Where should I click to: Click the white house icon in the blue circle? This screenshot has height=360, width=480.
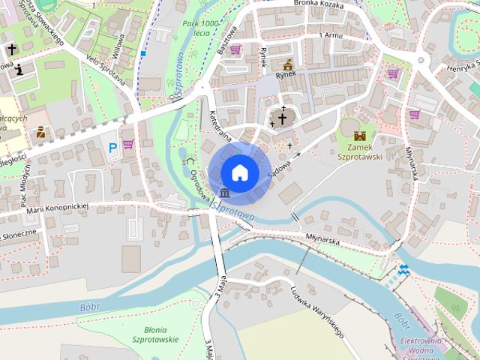(240, 172)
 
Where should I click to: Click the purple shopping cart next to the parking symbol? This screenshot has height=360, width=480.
(128, 144)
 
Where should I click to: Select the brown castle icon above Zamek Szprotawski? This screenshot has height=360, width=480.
(359, 136)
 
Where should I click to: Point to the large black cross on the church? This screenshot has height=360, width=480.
(283, 118)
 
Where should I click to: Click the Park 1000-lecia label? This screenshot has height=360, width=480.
(200, 29)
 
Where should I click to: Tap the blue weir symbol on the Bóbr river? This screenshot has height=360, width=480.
(403, 269)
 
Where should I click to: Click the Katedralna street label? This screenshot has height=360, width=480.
(220, 129)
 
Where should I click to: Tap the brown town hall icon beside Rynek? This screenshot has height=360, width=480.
(287, 64)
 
